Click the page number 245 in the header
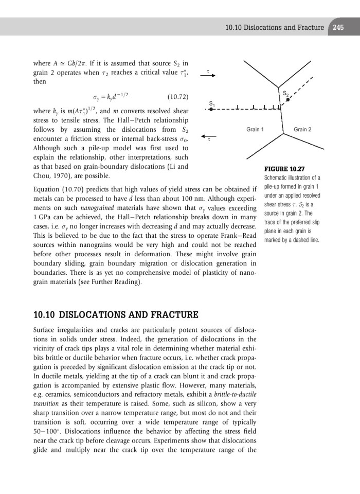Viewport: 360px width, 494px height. coord(338,28)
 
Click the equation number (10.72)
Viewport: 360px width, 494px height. coord(178,96)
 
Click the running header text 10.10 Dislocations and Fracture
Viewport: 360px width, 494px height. coord(275,28)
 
